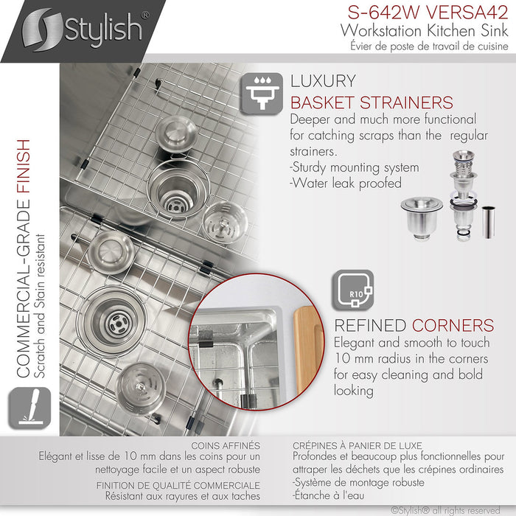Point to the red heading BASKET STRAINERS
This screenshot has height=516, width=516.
[x=372, y=102]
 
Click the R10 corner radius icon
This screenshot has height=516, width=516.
[x=353, y=290]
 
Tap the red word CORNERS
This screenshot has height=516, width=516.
[x=453, y=325]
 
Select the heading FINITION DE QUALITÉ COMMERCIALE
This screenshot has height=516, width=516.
[x=178, y=485]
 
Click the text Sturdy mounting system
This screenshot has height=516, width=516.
[x=355, y=167]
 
